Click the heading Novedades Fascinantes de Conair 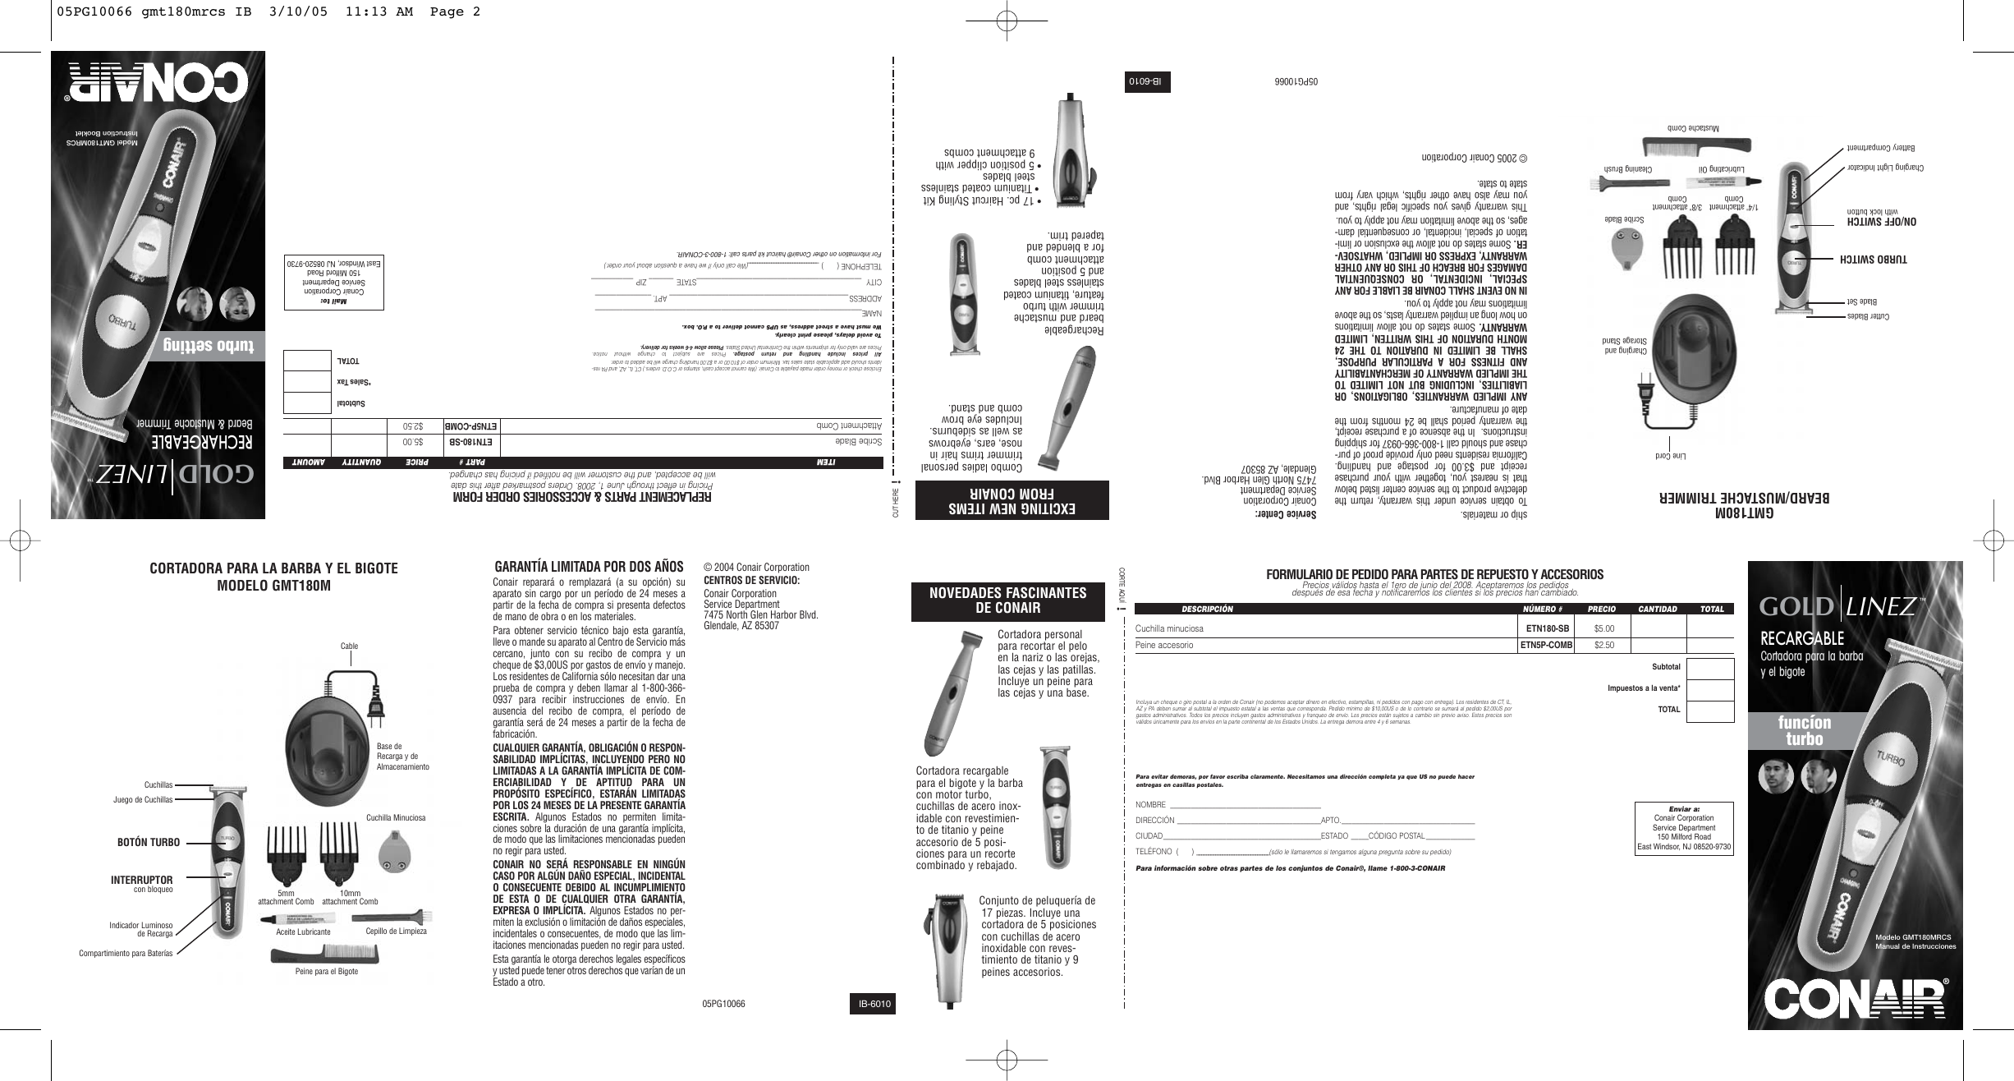1011,600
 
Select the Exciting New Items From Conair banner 1012,500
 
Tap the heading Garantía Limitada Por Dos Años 589,567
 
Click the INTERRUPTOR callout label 142,880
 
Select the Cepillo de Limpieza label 396,931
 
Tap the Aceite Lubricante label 303,932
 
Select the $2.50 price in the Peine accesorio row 1603,645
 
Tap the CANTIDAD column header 1658,609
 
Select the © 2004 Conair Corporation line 756,567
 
